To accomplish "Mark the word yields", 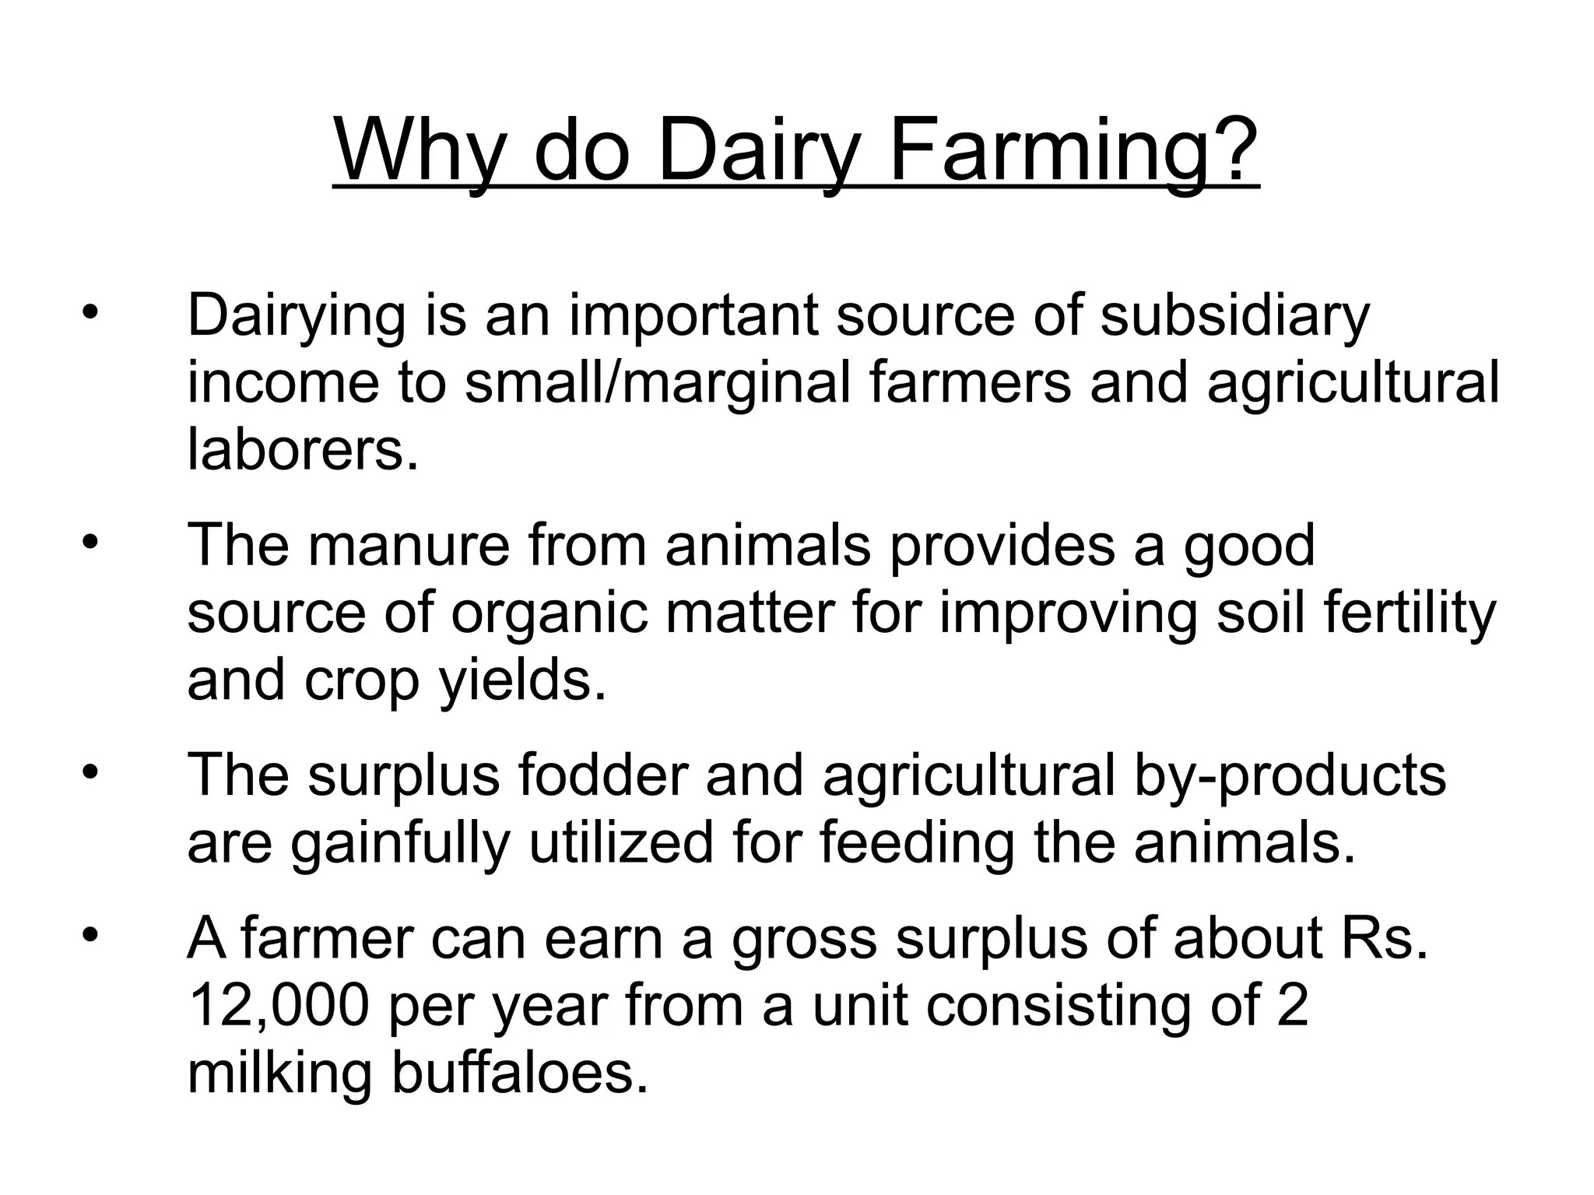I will (522, 680).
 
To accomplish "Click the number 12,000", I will (278, 1005).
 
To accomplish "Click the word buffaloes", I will (520, 1073).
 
